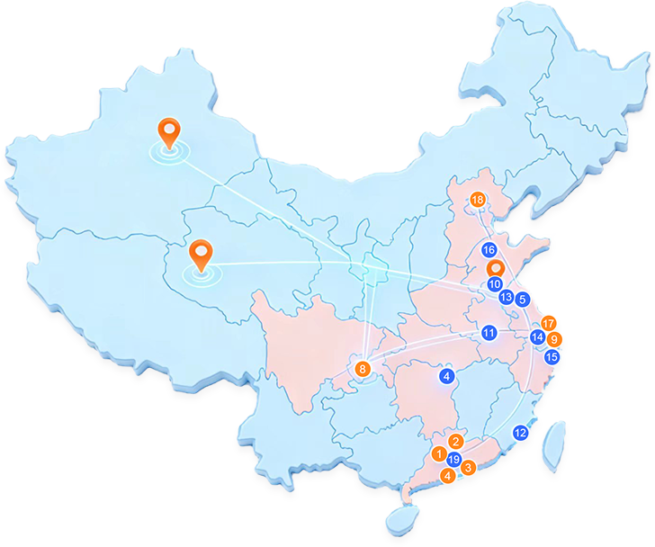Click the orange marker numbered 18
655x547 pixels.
pos(477,199)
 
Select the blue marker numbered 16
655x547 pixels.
pos(489,250)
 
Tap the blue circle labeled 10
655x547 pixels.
pos(495,284)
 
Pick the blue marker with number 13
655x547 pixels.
pos(507,297)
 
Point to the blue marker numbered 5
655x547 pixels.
pos(523,299)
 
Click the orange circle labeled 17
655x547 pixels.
pos(549,324)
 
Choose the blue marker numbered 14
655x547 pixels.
pos(538,337)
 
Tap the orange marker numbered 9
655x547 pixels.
pos(554,339)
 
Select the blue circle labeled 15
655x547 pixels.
pos(552,357)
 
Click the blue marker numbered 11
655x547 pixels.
pos(489,333)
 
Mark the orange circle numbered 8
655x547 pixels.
pos(363,368)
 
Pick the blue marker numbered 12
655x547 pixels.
pos(520,433)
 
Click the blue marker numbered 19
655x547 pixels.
pos(453,460)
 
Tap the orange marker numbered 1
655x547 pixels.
pos(438,453)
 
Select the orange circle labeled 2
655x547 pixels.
pos(456,442)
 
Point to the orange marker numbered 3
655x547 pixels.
pos(468,467)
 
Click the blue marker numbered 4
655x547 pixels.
pos(447,375)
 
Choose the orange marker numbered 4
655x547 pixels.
pos(447,475)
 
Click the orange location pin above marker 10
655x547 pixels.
pos(494,267)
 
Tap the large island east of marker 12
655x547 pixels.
pos(555,445)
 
